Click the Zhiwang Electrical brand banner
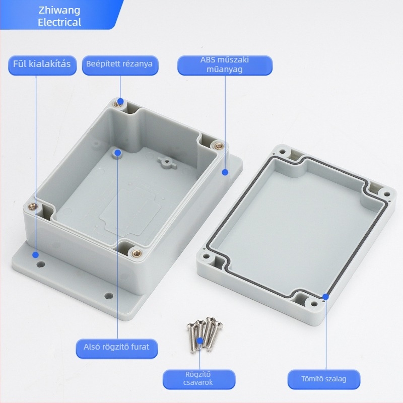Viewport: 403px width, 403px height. click(x=59, y=16)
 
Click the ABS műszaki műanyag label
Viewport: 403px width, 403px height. click(x=225, y=65)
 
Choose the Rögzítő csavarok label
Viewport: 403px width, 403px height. click(x=198, y=379)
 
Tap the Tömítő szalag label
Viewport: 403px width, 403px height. click(x=324, y=379)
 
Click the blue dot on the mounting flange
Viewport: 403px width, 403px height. click(x=35, y=255)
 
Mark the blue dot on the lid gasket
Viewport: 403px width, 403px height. click(x=325, y=297)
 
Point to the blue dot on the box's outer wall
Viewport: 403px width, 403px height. click(x=225, y=172)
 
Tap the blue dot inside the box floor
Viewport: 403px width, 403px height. click(x=118, y=153)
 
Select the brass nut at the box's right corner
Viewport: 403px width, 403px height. click(x=219, y=146)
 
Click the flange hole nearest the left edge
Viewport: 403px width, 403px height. click(x=40, y=264)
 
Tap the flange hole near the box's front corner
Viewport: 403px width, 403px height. click(x=109, y=296)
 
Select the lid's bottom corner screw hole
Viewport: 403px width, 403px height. click(x=314, y=304)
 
